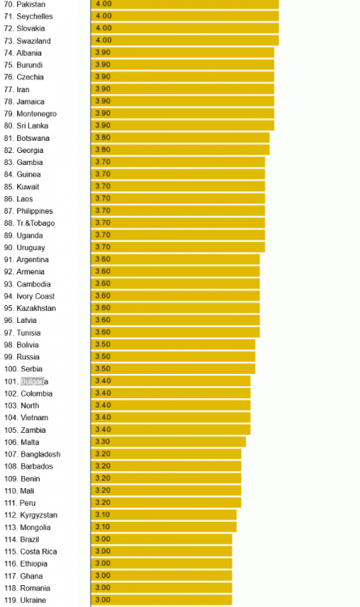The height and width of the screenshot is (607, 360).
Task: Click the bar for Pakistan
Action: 185,4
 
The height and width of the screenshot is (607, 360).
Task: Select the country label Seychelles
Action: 35,16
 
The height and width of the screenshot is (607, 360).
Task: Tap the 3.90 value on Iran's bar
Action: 103,89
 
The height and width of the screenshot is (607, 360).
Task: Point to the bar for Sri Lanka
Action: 183,125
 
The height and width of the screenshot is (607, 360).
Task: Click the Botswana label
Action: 33,138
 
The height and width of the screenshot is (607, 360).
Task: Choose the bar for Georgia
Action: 180,150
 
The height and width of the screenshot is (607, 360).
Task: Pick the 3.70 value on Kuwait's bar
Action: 103,186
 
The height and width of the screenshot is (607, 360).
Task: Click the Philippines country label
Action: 35,211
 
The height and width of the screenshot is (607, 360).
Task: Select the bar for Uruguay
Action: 178,247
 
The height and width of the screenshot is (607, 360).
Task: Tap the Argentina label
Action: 32,259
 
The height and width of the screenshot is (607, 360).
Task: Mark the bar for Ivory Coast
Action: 176,295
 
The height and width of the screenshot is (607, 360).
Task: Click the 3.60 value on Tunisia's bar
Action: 103,332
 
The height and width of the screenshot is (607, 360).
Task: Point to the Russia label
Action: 28,357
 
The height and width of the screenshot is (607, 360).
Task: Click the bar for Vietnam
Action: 171,418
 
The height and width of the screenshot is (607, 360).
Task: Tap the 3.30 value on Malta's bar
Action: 103,441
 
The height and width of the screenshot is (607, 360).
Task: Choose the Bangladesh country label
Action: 40,454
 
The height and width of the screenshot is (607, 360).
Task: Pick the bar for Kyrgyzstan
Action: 163,515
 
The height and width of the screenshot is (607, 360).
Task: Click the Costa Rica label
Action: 38,552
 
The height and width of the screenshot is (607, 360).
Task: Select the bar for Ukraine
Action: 162,600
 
